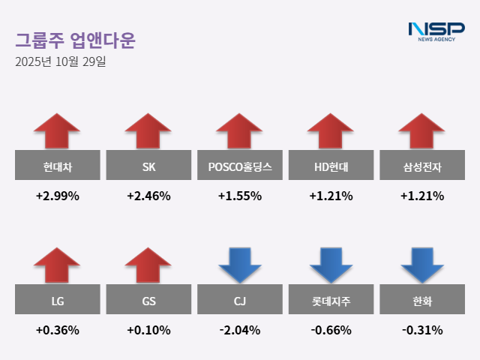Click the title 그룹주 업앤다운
pos(75,40)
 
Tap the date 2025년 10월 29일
pos(60,61)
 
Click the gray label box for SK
pos(148,166)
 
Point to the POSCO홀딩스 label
pos(240,166)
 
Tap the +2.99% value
pos(57,196)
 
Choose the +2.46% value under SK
pos(148,196)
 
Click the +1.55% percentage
pos(240,196)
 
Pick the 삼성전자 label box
pos(422,166)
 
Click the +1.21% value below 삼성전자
pos(422,196)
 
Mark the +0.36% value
pos(57,330)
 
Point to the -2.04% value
pos(240,330)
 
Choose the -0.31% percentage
pos(422,330)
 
